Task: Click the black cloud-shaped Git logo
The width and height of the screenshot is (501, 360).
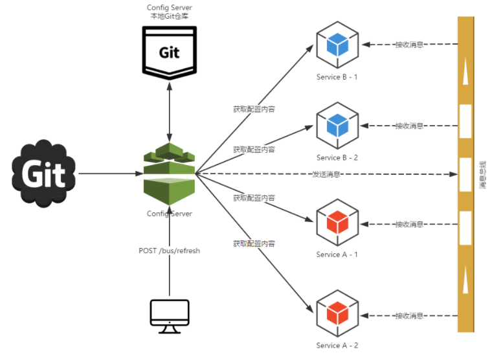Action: pos(43,173)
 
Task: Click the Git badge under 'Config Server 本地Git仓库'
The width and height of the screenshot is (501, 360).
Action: pos(170,52)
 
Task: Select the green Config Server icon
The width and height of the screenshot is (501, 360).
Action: pos(170,174)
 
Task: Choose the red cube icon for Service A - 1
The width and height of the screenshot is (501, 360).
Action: pos(337,223)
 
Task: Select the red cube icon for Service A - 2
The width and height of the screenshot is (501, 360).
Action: pos(337,314)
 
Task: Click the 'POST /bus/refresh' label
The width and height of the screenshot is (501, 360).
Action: pos(170,251)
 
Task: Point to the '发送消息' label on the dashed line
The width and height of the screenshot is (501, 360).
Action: pos(326,174)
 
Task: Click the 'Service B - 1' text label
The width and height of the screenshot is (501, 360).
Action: pos(337,77)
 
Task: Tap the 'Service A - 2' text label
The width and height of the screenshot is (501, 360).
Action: pos(337,346)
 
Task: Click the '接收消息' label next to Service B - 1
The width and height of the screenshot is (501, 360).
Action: pos(409,45)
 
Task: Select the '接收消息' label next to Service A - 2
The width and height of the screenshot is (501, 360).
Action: pos(409,316)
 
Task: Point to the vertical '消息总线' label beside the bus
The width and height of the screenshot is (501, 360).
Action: pos(483,174)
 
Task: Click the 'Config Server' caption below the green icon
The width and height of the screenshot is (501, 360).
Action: pos(170,214)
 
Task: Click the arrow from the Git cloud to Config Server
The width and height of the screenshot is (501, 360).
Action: pos(110,174)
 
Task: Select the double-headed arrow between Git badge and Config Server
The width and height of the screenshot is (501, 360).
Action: pos(170,113)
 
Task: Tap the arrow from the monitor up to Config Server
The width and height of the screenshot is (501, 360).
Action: pos(170,272)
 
